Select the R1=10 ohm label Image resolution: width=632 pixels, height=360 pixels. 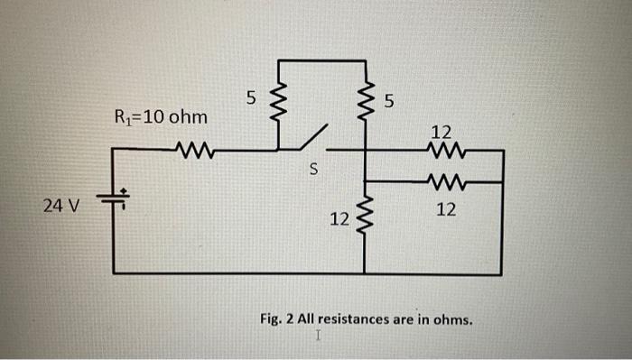(160, 117)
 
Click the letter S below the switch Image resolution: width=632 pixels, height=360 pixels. (313, 169)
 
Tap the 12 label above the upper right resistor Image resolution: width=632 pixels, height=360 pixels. (446, 131)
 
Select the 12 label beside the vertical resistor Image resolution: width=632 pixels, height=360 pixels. (339, 219)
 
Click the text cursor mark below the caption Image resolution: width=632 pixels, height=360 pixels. (318, 337)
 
